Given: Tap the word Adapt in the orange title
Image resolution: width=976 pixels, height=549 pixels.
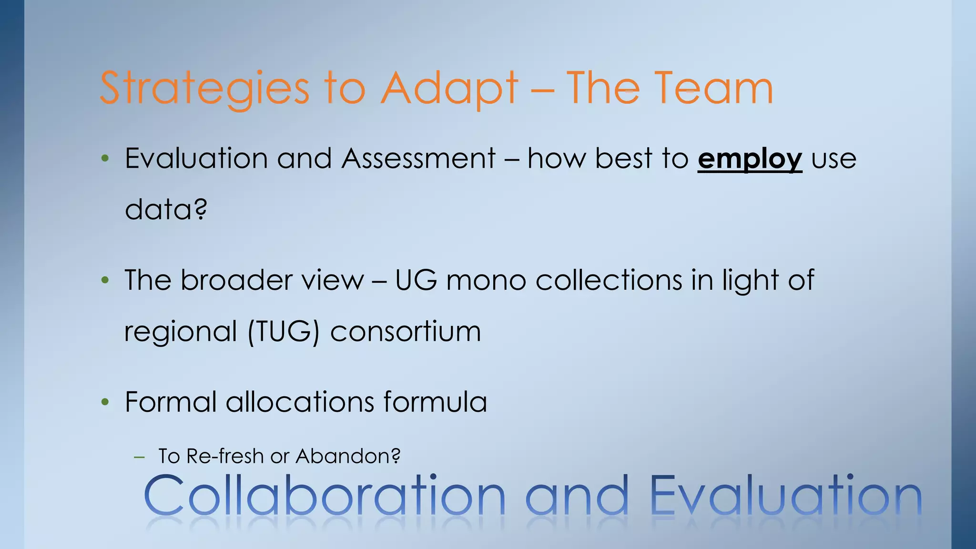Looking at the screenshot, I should (x=449, y=89).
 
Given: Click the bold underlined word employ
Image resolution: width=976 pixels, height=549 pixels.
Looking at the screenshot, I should (x=750, y=159).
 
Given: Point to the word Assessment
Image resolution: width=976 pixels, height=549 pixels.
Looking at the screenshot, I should (x=418, y=158).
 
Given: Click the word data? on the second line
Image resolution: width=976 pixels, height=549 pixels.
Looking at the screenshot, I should (x=166, y=209).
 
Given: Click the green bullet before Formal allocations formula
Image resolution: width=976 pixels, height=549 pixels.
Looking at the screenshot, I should (x=105, y=402).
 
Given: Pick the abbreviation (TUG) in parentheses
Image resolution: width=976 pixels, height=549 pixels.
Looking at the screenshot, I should (x=283, y=332).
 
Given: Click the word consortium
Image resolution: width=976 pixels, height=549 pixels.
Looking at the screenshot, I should (x=405, y=331).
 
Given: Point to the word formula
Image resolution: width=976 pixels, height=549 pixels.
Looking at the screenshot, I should (x=435, y=402).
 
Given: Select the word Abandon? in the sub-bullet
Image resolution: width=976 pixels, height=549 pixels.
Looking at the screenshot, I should (x=348, y=456).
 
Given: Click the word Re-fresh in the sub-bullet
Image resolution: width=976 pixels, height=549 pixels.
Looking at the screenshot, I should (x=225, y=456).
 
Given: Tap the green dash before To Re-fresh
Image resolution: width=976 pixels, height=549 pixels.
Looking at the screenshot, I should (x=139, y=457).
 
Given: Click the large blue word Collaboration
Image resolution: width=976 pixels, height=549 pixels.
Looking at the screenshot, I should (x=324, y=495).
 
